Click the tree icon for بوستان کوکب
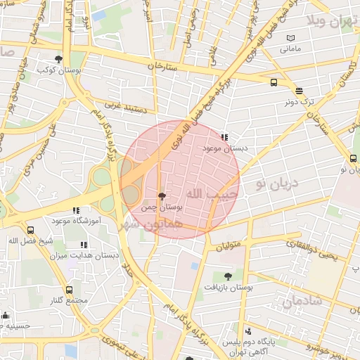pyautogui.click(x=58, y=60)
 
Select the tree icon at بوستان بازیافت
pyautogui.click(x=227, y=276)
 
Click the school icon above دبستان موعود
pyautogui.click(x=224, y=138)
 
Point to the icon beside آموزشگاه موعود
pyautogui.click(x=76, y=210)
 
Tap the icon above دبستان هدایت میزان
pyautogui.click(x=84, y=246)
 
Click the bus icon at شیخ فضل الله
pyautogui.click(x=30, y=230)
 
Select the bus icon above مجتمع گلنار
pyautogui.click(x=69, y=290)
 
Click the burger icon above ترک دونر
pyautogui.click(x=299, y=91)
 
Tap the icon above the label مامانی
pyautogui.click(x=291, y=38)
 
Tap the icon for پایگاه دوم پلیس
pyautogui.click(x=247, y=332)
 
